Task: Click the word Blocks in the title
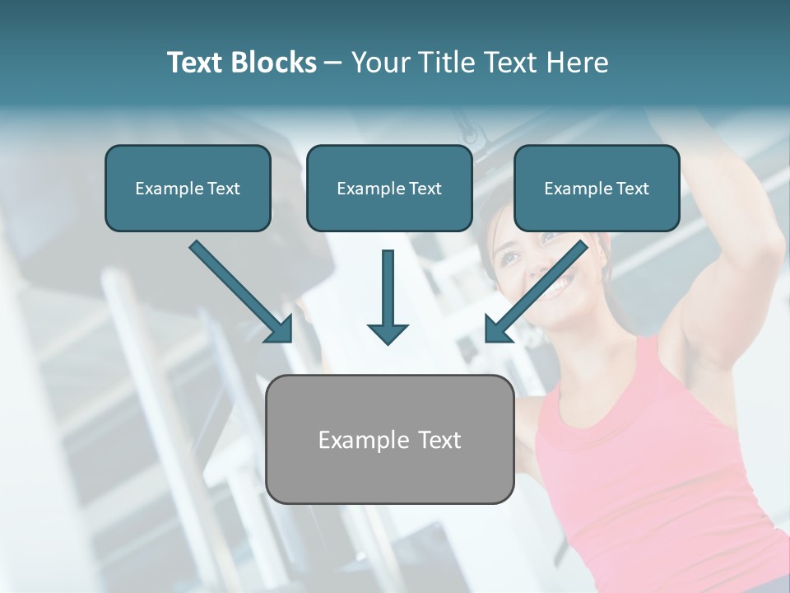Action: coord(274,63)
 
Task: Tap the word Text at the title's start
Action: coord(197,63)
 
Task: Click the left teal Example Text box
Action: coord(188,188)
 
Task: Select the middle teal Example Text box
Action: coord(389,188)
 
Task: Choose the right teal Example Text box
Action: coord(597,188)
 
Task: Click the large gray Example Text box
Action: coord(390,439)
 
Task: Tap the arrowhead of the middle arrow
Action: coord(388,334)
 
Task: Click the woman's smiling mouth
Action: coord(560,286)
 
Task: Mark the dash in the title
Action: coord(333,63)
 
